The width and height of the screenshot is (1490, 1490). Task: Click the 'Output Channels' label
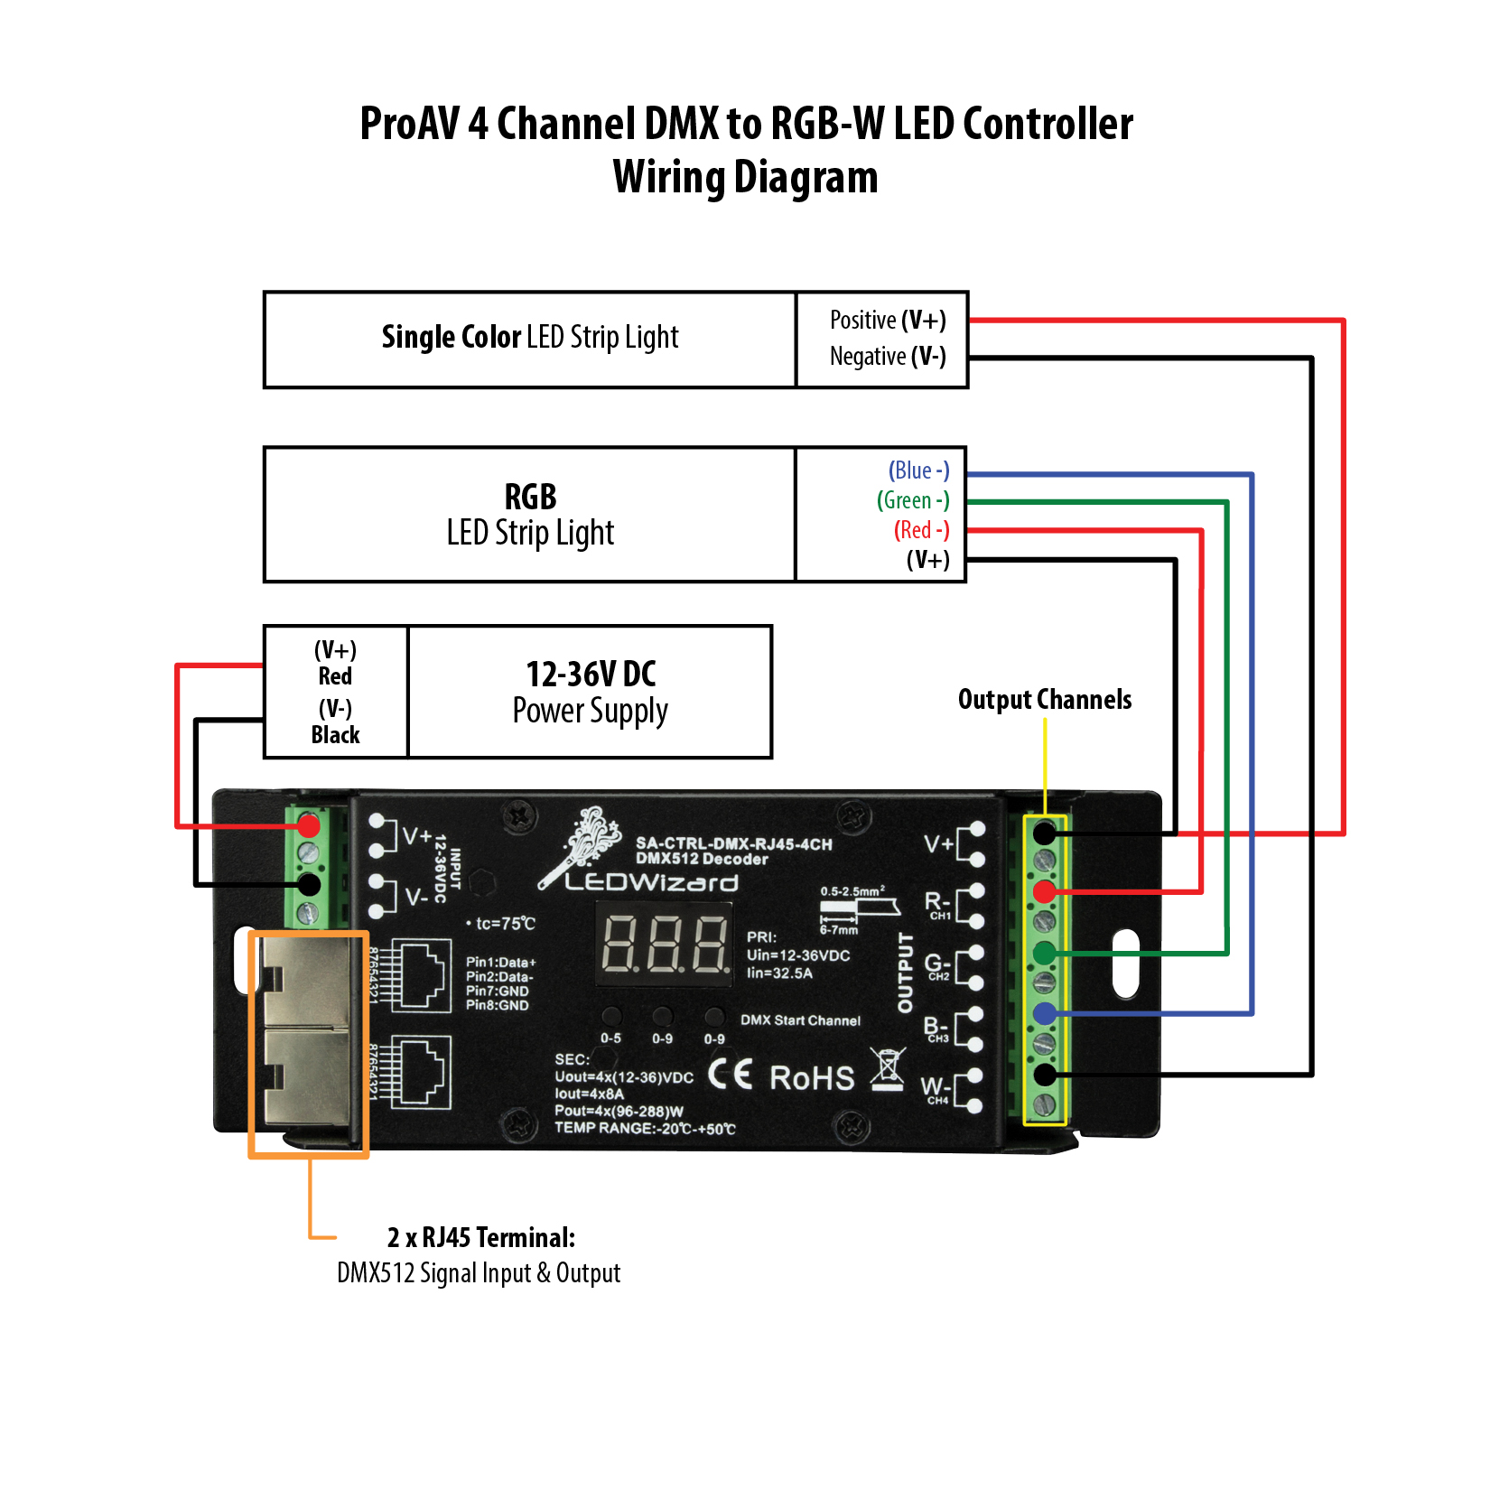pos(1044,700)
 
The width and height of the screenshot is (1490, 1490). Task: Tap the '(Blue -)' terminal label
pos(918,470)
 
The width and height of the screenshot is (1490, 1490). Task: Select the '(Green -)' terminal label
pos(913,500)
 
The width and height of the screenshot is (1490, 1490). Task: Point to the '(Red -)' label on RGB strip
pos(921,530)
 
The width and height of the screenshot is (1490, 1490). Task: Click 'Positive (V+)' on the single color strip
pos(888,321)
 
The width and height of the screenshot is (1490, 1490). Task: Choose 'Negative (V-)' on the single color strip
pos(888,357)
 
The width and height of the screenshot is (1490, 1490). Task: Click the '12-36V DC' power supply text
pos(591,675)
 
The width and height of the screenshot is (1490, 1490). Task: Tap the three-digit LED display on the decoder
pos(666,944)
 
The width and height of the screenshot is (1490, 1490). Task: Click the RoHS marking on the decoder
pos(812,1078)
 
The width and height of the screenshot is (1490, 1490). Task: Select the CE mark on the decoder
pos(730,1074)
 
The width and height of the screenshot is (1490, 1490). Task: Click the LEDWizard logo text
pos(651,882)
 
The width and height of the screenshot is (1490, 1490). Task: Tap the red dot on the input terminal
pos(309,825)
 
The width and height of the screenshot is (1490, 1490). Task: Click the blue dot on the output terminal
pos(1045,1013)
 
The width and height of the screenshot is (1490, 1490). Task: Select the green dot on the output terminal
pos(1045,952)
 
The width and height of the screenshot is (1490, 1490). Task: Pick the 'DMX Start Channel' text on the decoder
pos(800,1020)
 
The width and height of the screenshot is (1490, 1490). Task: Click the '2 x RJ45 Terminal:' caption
pos(480,1237)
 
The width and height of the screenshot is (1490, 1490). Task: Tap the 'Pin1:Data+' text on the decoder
pos(500,963)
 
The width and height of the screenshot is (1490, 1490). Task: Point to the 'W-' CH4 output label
pos(935,1088)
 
